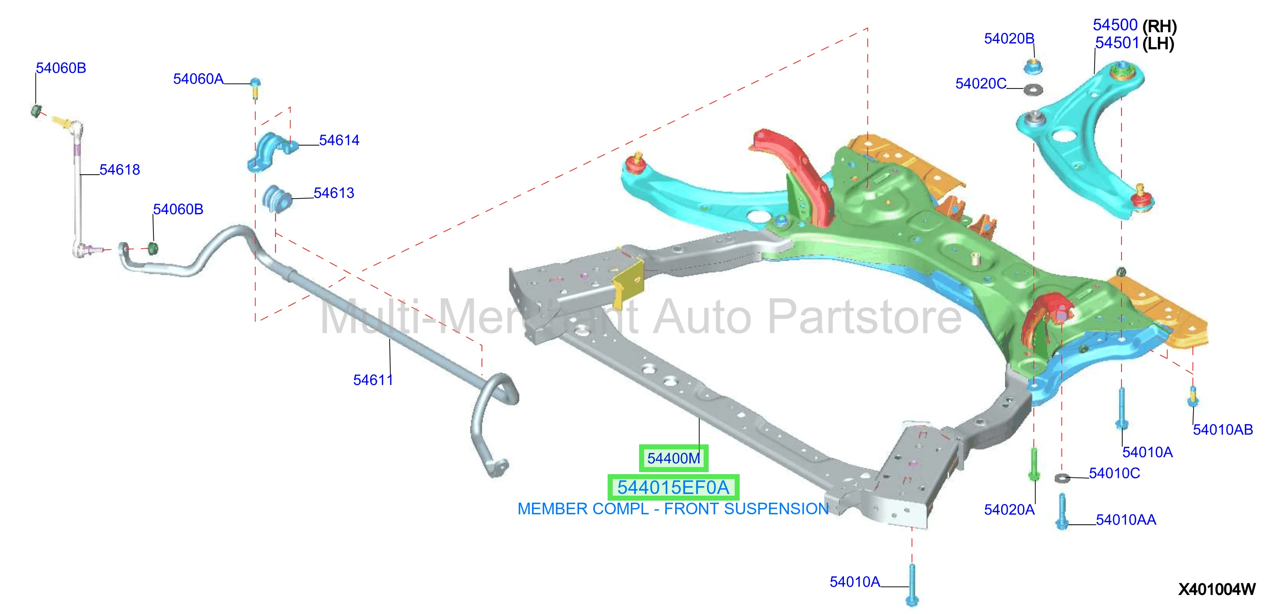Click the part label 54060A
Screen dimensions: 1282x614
[198, 79]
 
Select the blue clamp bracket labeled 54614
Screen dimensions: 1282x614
[272, 151]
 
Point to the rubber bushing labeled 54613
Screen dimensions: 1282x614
[277, 198]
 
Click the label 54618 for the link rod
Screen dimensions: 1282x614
[120, 170]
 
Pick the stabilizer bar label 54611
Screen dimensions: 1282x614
[373, 380]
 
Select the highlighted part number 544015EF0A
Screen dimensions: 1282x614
[673, 488]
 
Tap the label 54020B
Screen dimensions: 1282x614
[1009, 38]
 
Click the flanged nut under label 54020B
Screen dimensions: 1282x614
[1033, 66]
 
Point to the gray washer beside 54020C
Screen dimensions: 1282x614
[1033, 89]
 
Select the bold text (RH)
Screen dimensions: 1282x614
[1160, 26]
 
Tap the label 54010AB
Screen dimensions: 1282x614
[1223, 429]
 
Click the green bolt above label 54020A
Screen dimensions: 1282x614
[1034, 464]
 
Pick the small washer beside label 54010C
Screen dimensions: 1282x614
[1062, 478]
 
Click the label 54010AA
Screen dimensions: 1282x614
[1126, 520]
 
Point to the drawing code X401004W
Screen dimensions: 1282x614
[1217, 590]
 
